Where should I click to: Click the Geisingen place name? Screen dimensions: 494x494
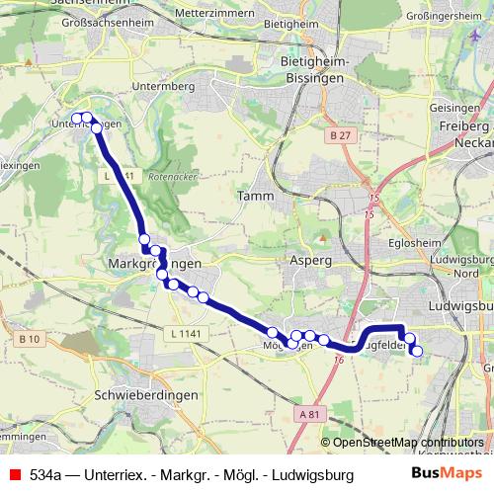tap(459, 109)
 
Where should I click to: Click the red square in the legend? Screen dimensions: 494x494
tap(15, 474)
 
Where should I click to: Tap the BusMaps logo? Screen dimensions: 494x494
tap(448, 473)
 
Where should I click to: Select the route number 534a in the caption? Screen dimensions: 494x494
tap(48, 474)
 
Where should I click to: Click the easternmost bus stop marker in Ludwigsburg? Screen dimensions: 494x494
tap(416, 351)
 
